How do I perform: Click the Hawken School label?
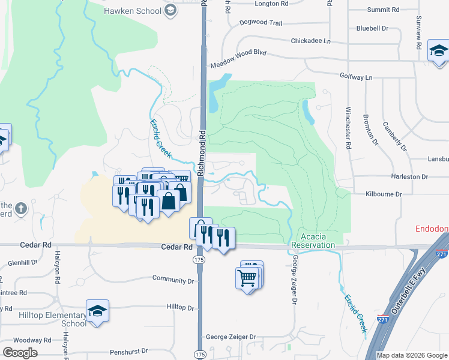click(x=132, y=11)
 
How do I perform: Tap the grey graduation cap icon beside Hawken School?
click(x=170, y=10)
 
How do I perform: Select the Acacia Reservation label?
click(x=313, y=241)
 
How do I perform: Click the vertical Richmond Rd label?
click(x=202, y=153)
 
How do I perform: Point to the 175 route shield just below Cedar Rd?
click(x=199, y=259)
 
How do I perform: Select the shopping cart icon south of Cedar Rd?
click(x=247, y=278)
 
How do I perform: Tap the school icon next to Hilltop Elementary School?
click(x=97, y=311)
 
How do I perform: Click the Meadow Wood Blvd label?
click(x=238, y=63)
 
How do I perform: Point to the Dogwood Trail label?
click(x=260, y=23)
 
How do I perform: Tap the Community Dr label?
click(x=173, y=280)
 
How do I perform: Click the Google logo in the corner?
click(x=20, y=353)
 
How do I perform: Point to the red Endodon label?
click(x=432, y=229)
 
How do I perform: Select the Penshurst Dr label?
click(x=128, y=353)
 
